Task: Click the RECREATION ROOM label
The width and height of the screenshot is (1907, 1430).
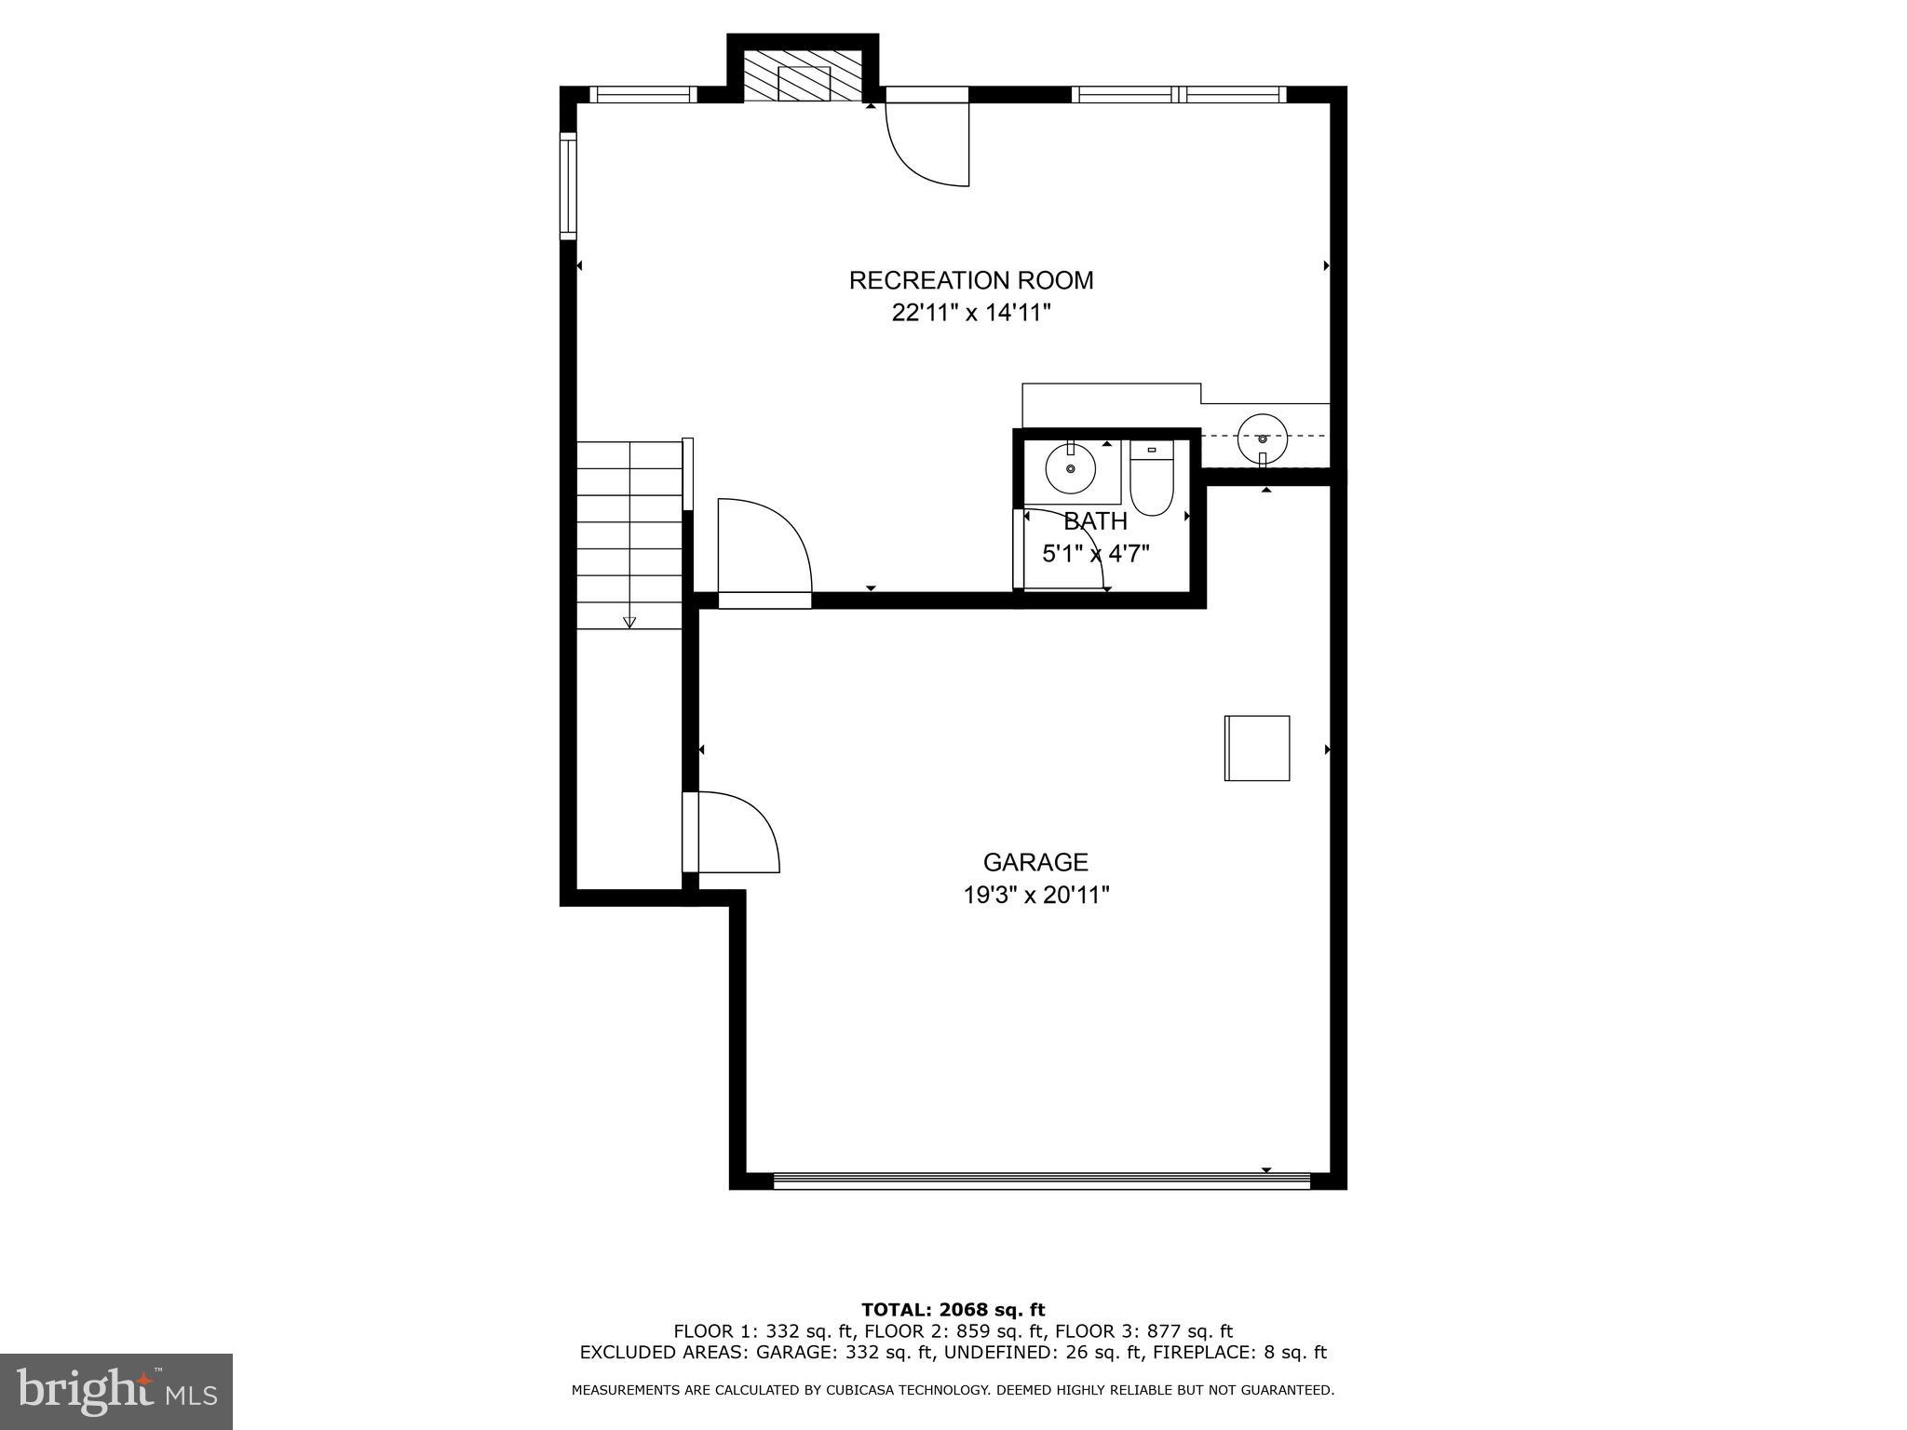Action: click(x=970, y=280)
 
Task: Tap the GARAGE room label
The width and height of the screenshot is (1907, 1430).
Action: click(x=1035, y=862)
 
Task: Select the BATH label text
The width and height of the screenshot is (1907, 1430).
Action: click(x=1095, y=520)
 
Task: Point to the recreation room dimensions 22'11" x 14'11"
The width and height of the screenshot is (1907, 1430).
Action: click(x=970, y=313)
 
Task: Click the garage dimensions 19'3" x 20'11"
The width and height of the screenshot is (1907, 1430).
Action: click(x=1035, y=896)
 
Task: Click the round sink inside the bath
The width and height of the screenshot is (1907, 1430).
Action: click(x=1070, y=469)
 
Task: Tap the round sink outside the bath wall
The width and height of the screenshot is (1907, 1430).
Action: click(x=1262, y=438)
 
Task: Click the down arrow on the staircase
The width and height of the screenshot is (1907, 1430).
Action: click(x=629, y=621)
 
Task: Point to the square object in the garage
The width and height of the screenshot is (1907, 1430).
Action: click(x=1256, y=748)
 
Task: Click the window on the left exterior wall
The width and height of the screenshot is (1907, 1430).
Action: click(x=568, y=185)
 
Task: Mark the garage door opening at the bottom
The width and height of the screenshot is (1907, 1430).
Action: click(x=1041, y=1180)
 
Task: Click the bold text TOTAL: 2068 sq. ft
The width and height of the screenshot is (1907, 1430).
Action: click(x=953, y=1310)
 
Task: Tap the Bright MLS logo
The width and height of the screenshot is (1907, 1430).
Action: click(x=116, y=1392)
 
